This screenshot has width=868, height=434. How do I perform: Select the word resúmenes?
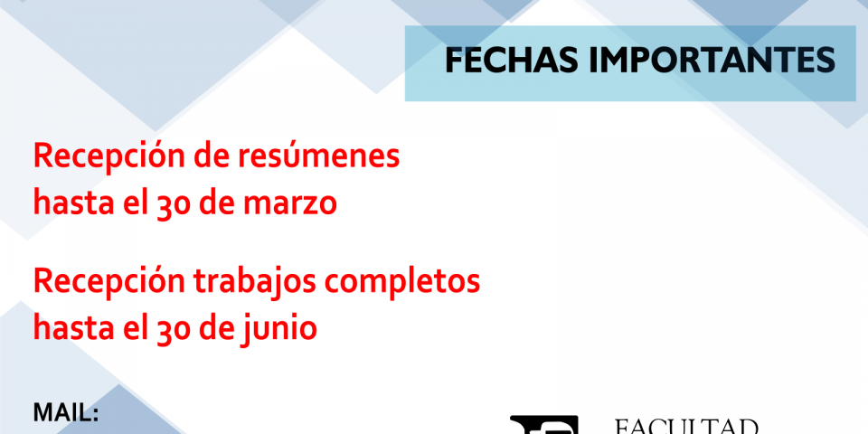[318, 157]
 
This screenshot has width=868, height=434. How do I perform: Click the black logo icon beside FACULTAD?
[543, 425]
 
